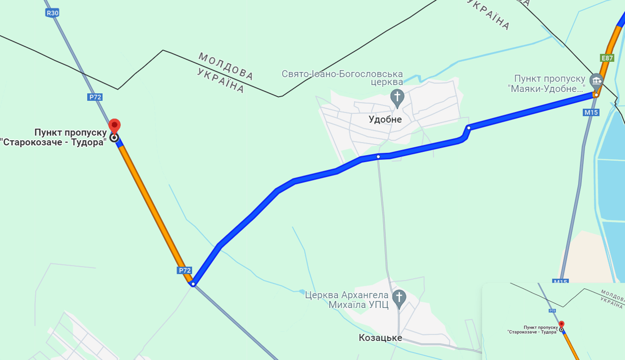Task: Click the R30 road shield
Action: [x=52, y=13]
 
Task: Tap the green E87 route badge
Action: [x=607, y=58]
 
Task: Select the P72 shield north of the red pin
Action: [x=95, y=97]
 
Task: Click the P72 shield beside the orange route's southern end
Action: [x=185, y=270]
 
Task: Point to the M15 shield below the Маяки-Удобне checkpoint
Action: [x=591, y=112]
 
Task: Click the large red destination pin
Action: [x=114, y=126]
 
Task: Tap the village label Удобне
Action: [x=385, y=120]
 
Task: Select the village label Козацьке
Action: [x=380, y=337]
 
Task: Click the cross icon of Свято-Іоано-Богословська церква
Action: [x=397, y=97]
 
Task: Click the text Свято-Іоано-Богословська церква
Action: [x=342, y=78]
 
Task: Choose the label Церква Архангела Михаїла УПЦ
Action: [x=347, y=300]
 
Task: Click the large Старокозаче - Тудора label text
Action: [x=53, y=138]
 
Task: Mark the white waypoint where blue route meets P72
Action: [x=193, y=284]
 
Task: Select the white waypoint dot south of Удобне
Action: [x=378, y=157]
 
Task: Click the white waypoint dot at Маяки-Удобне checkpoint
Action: [x=596, y=95]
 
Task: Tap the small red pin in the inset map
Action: [x=561, y=324]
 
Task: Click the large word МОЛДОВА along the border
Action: [x=226, y=66]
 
